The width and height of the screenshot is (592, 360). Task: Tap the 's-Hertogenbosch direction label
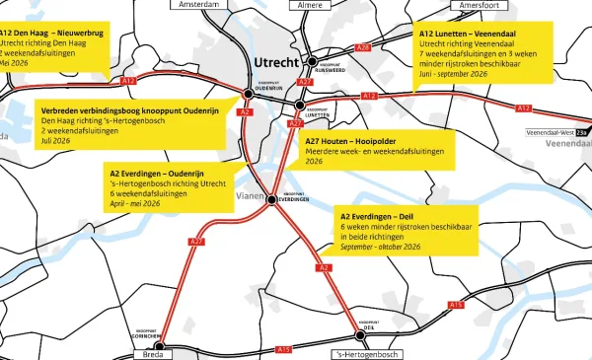[x=368, y=353]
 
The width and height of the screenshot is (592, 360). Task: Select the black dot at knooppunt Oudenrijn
[x=249, y=94]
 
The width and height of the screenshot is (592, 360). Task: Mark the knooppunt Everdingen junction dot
[x=271, y=200]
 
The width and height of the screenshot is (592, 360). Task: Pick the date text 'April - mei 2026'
[x=135, y=205]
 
